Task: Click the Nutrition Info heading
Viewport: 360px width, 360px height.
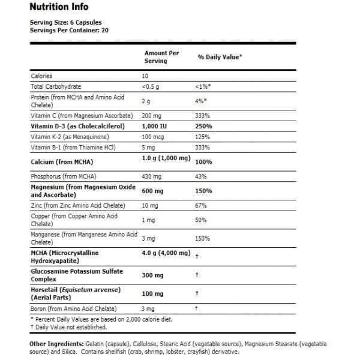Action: pyautogui.click(x=58, y=7)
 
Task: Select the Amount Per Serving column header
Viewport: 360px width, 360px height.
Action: pyautogui.click(x=161, y=57)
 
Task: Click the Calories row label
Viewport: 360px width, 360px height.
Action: pyautogui.click(x=41, y=76)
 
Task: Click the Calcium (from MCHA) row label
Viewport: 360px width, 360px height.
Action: pyautogui.click(x=65, y=161)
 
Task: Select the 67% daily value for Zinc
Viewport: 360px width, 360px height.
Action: pyautogui.click(x=200, y=206)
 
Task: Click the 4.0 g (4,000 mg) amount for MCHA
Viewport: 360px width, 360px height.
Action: pyautogui.click(x=166, y=254)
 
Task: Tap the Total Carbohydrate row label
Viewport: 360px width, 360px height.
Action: pyautogui.click(x=55, y=86)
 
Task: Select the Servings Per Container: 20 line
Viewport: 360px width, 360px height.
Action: pyautogui.click(x=69, y=29)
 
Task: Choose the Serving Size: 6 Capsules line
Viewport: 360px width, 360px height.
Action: pyautogui.click(x=65, y=22)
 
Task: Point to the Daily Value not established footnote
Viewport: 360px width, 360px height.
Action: pyautogui.click(x=69, y=327)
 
